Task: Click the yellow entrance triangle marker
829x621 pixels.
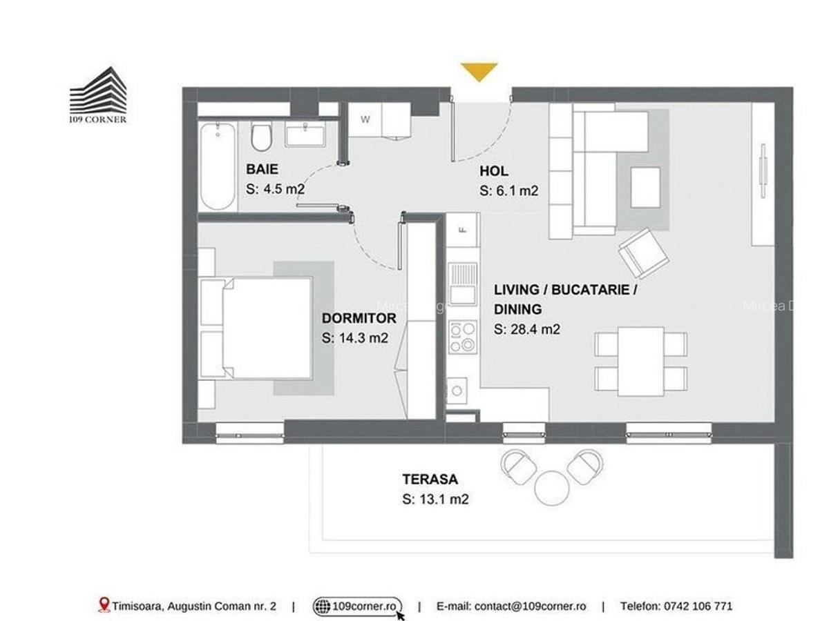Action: pos(479,71)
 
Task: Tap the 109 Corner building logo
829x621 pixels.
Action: pos(98,95)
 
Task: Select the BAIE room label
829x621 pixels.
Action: pos(263,170)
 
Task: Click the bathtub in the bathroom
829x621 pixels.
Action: pos(218,165)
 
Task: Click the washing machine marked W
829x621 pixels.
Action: pos(365,119)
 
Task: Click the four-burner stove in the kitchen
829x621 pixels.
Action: pos(462,337)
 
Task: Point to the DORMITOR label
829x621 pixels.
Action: pos(359,318)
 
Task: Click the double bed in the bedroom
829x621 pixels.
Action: pos(256,328)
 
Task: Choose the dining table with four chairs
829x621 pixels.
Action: pos(640,361)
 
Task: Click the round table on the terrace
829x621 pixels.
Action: pos(551,486)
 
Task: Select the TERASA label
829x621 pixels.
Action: pos(430,479)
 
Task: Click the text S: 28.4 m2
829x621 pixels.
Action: pos(526,329)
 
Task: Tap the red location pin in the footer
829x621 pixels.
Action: pos(104,605)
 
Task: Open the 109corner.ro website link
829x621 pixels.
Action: pos(365,606)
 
